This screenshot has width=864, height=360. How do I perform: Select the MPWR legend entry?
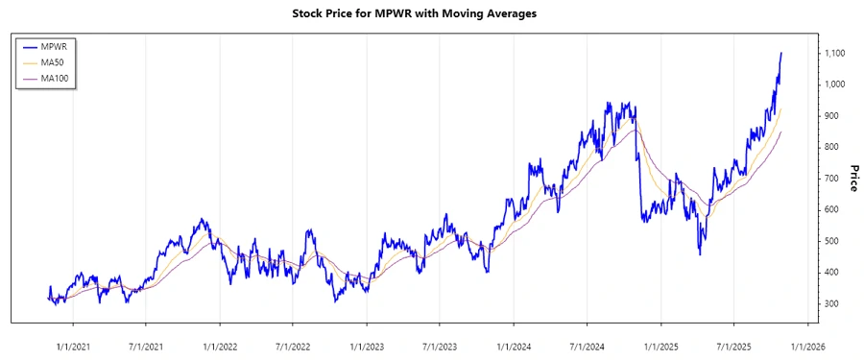(x=61, y=46)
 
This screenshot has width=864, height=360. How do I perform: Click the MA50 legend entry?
(x=61, y=62)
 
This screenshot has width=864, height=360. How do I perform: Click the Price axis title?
(x=853, y=178)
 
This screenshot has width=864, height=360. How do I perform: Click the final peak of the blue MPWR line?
(x=781, y=54)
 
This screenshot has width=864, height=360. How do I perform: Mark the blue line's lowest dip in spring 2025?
(x=700, y=254)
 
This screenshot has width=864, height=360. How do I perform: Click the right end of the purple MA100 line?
(x=781, y=132)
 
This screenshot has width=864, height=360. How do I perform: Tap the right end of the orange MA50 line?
(x=781, y=108)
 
